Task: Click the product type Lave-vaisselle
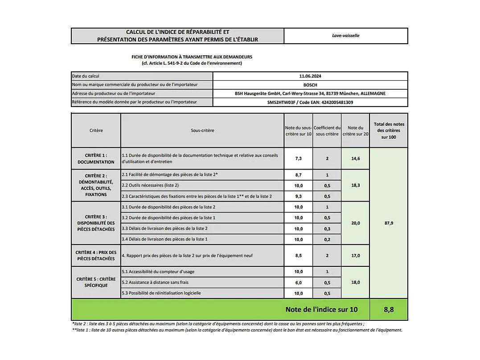coord(346,36)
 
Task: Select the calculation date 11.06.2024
coord(310,76)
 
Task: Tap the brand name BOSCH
coord(310,85)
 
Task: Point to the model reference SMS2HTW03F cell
coord(310,102)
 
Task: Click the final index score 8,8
coord(389,310)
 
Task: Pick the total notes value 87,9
coord(389,223)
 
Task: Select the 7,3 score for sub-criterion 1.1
coord(299,158)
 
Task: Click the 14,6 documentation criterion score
coord(356,158)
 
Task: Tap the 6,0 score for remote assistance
coord(299,282)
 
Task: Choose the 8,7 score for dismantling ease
coord(299,174)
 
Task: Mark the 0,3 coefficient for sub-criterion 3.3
coord(327,228)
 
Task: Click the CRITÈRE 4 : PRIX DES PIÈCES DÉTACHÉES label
coord(96,256)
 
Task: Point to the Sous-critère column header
coord(202,131)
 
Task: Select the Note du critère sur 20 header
coord(356,131)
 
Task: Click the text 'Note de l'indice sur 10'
coord(321,310)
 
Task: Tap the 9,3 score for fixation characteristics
coord(299,196)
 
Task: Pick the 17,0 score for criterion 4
coord(356,256)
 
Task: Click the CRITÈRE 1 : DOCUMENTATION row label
coord(96,158)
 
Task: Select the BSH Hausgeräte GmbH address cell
coord(310,94)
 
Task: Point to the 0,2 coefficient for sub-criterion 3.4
coord(327,239)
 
